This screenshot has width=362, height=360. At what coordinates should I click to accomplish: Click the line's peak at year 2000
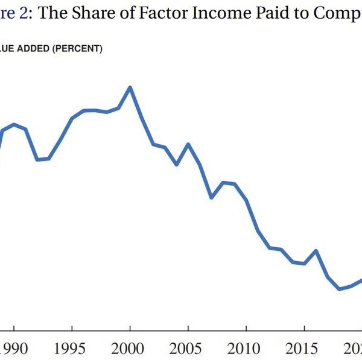(x=130, y=87)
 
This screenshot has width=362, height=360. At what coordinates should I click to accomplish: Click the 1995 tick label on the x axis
(x=72, y=350)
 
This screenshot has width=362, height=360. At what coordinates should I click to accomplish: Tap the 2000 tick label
(x=130, y=350)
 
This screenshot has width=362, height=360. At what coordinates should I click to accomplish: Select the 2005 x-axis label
(x=188, y=350)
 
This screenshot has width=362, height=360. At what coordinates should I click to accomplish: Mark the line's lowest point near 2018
(x=340, y=289)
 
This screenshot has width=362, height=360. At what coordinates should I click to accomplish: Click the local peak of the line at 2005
(x=188, y=144)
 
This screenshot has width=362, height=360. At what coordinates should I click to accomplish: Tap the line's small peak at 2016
(x=316, y=251)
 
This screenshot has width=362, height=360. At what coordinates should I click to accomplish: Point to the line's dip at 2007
(x=211, y=197)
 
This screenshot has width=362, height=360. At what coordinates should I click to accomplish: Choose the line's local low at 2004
(x=176, y=164)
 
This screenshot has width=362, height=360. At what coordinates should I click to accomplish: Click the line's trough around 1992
(x=37, y=160)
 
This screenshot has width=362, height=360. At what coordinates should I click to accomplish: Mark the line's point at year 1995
(x=72, y=118)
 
